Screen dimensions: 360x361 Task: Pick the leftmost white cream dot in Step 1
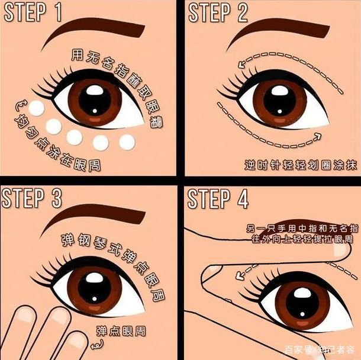[x=37, y=108]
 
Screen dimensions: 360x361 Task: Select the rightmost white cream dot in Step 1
[x=127, y=142]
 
